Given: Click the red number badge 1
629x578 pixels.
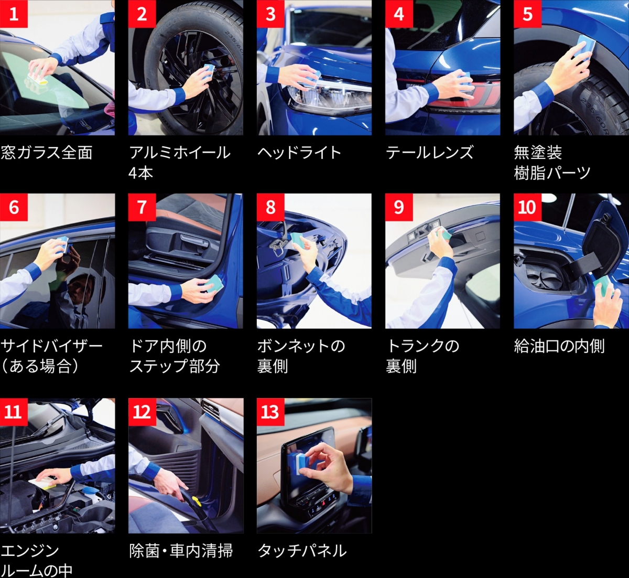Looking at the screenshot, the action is (14, 14).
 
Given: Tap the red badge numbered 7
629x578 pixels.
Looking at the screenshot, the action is (142, 207).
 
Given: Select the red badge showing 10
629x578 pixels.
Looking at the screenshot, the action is (528, 207).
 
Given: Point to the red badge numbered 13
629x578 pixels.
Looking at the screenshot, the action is (270, 412).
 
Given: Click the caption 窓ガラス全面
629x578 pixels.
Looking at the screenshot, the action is (47, 153).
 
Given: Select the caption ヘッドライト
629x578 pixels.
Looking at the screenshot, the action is (299, 153).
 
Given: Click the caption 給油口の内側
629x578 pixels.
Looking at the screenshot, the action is (559, 346).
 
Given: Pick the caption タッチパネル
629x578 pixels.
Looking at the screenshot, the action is (302, 551).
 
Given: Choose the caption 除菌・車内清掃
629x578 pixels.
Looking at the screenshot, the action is (181, 551).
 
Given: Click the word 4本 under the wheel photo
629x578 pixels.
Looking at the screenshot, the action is (141, 173).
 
